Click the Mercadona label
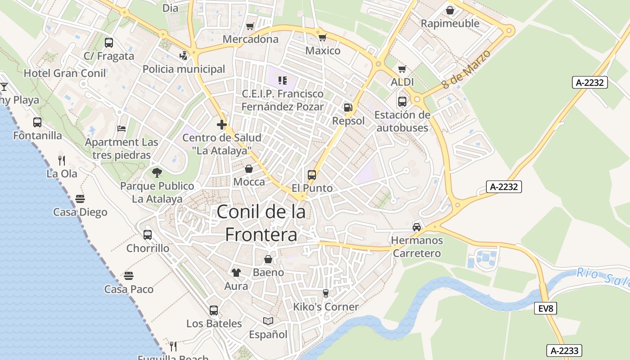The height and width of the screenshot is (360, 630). tap(251, 39)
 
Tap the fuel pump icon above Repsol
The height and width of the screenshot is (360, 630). tap(347, 108)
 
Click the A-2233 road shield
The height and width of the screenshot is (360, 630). tap(565, 351)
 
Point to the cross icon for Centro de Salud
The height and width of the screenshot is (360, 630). tap(221, 125)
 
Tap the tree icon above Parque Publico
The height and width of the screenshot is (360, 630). tap(157, 172)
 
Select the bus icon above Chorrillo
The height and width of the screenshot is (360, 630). tap(148, 234)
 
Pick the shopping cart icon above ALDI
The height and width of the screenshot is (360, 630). tap(402, 69)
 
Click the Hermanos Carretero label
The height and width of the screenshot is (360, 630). tap(417, 247)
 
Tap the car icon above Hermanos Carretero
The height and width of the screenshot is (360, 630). tap(417, 227)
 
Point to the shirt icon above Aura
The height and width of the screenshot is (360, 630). tap(236, 272)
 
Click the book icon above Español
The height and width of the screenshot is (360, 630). tap(268, 321)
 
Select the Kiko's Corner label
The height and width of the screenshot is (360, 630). tap(326, 307)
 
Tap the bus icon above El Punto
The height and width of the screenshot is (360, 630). tap(311, 175)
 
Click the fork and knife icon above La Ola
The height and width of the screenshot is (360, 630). tap(62, 160)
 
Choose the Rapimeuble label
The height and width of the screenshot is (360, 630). tap(450, 23)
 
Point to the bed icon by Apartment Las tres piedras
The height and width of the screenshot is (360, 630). tap(121, 129)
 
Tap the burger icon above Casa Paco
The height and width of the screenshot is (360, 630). tap(129, 275)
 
